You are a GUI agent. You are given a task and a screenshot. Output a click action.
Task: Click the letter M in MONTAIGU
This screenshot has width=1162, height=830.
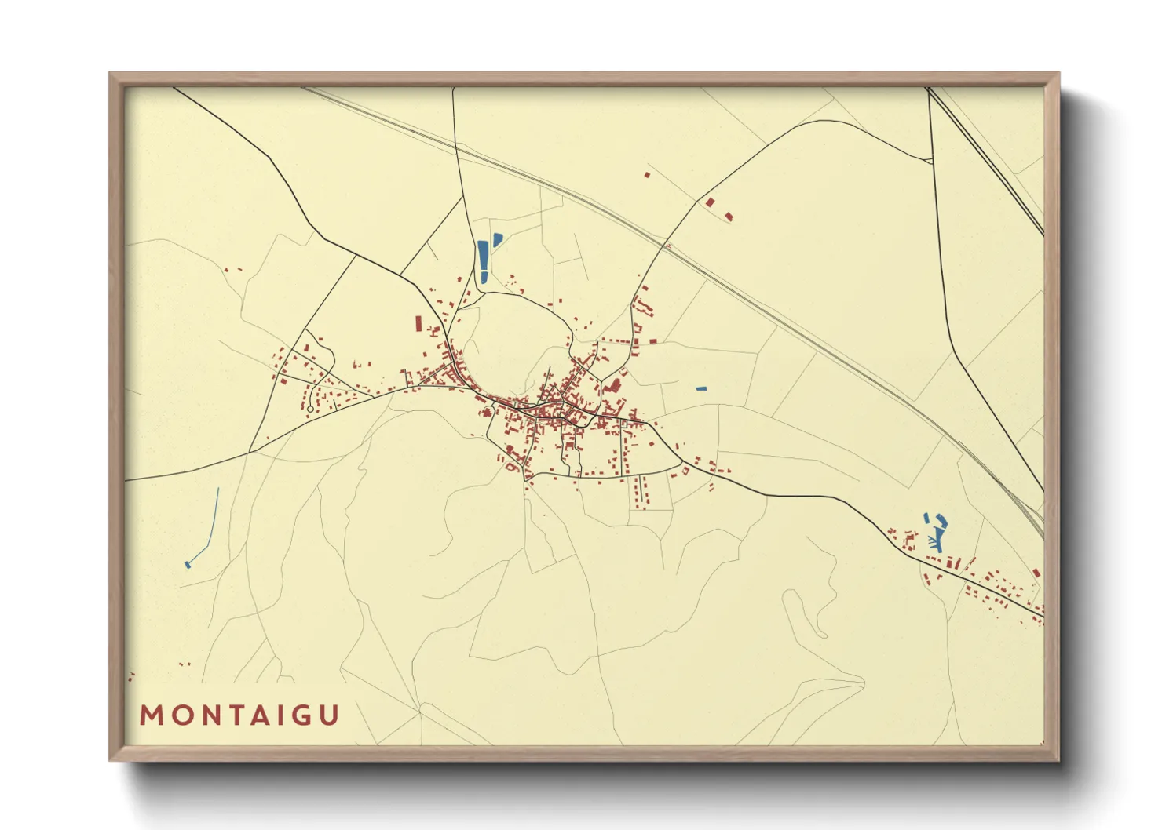click(151, 715)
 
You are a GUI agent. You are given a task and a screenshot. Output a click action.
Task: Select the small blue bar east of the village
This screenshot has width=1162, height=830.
click(701, 388)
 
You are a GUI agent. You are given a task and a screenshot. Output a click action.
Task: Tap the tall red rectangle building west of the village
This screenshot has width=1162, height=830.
click(418, 324)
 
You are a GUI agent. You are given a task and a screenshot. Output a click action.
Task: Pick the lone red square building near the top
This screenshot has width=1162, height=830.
click(647, 174)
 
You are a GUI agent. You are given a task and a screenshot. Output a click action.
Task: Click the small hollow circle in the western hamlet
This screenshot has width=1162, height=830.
click(310, 409)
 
